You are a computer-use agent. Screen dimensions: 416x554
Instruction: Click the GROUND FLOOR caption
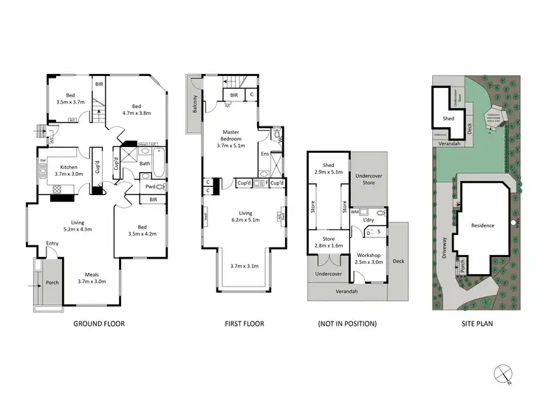click(x=98, y=324)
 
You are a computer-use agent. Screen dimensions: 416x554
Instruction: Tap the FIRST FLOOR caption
click(x=244, y=324)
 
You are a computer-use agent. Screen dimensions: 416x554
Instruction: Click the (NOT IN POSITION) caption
click(x=347, y=324)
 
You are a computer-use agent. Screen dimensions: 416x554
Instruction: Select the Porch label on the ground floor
click(x=52, y=281)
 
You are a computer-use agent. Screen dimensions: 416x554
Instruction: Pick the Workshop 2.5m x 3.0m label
click(x=369, y=259)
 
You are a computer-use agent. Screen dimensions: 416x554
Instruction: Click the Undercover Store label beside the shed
click(x=369, y=179)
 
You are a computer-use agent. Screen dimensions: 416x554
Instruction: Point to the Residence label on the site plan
click(x=483, y=225)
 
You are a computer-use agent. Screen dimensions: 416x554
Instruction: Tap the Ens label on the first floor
click(x=264, y=154)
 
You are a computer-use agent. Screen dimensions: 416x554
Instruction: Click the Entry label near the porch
click(x=52, y=243)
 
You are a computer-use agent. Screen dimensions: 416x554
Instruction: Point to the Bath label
click(x=145, y=164)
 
